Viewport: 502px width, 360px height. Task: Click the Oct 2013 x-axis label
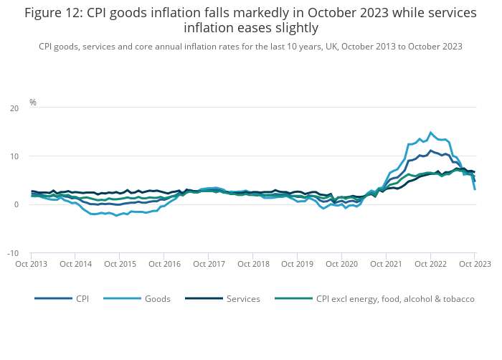tap(31, 264)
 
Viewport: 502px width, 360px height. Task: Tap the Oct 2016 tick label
tap(164, 264)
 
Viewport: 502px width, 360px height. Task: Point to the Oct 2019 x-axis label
tap(297, 264)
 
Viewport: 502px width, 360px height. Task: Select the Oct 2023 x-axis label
tap(474, 264)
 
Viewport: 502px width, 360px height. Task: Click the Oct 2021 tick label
tap(386, 264)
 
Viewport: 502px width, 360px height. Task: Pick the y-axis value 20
tap(14, 108)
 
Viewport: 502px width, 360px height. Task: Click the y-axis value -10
tap(13, 253)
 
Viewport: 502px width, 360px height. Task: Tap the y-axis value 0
tap(16, 205)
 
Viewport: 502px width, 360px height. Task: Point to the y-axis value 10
tap(14, 156)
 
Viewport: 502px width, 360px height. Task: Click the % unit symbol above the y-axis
tap(33, 103)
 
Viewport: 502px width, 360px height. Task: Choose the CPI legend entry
tap(82, 298)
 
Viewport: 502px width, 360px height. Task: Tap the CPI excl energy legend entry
tap(394, 298)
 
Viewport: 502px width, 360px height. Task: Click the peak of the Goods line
tap(430, 133)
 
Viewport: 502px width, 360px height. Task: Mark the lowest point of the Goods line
tap(116, 215)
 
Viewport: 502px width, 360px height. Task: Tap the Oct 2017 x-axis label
tap(208, 264)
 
